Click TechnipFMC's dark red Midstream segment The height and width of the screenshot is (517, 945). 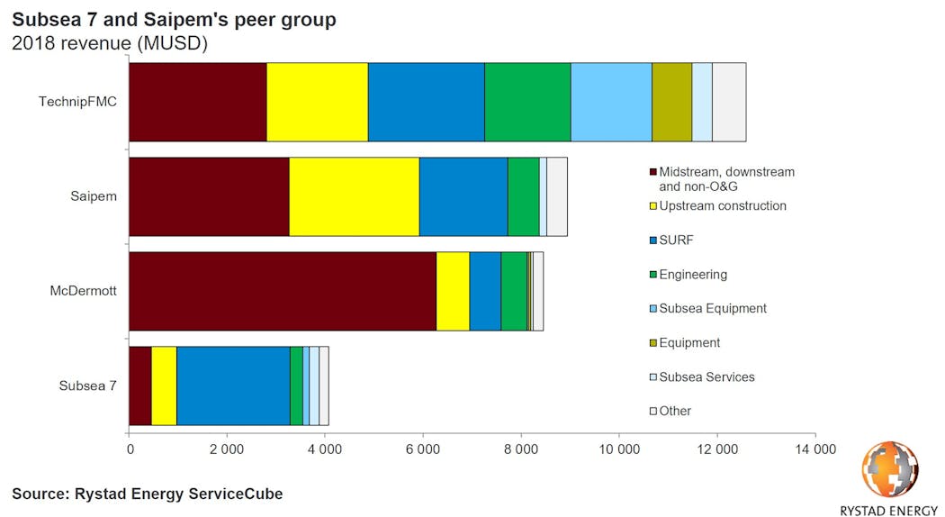pos(198,103)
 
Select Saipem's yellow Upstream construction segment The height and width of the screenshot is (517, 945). pos(354,196)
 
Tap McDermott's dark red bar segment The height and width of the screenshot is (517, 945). pos(283,291)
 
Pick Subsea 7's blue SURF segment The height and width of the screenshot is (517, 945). pos(233,385)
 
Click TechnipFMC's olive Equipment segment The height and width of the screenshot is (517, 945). pos(671,103)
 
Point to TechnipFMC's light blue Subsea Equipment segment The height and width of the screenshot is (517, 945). pos(611,103)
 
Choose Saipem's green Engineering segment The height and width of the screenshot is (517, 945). pos(523,196)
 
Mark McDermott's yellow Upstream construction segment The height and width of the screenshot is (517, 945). pos(453,291)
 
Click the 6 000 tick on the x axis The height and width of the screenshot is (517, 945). pos(423,448)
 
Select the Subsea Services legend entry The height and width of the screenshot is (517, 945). pos(706,376)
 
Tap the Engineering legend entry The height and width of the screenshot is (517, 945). pos(692,275)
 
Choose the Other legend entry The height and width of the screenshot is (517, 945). pos(675,411)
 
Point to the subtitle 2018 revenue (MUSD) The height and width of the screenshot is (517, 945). pos(110,43)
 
